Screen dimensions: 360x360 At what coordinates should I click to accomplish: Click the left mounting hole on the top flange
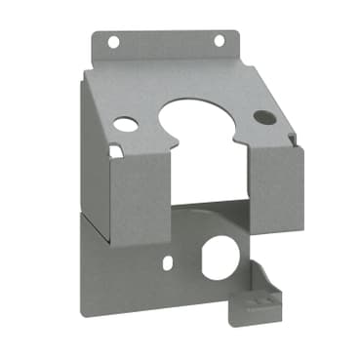click(113, 42)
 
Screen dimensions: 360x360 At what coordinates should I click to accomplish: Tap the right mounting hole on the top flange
click(219, 40)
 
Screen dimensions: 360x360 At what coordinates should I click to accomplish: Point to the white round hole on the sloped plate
click(126, 125)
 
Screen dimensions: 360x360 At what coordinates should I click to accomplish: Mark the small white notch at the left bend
click(114, 151)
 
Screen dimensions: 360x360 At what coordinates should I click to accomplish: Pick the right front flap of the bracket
click(277, 185)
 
